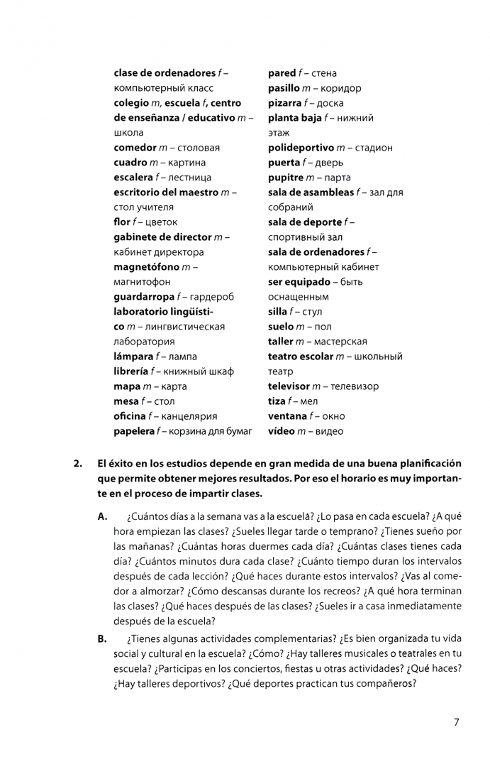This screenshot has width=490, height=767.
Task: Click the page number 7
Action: click(456, 722)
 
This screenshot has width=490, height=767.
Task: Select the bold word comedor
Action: click(135, 148)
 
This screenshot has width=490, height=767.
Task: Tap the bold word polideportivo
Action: click(301, 148)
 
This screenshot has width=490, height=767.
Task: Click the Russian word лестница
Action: click(186, 178)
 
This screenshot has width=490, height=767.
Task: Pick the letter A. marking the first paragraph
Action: click(103, 516)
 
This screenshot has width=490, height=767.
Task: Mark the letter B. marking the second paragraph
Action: click(103, 638)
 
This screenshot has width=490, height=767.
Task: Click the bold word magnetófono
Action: click(146, 267)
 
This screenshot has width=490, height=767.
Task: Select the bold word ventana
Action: click(287, 416)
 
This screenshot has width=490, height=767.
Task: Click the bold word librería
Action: click(132, 371)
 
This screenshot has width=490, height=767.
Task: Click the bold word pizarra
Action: click(284, 103)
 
